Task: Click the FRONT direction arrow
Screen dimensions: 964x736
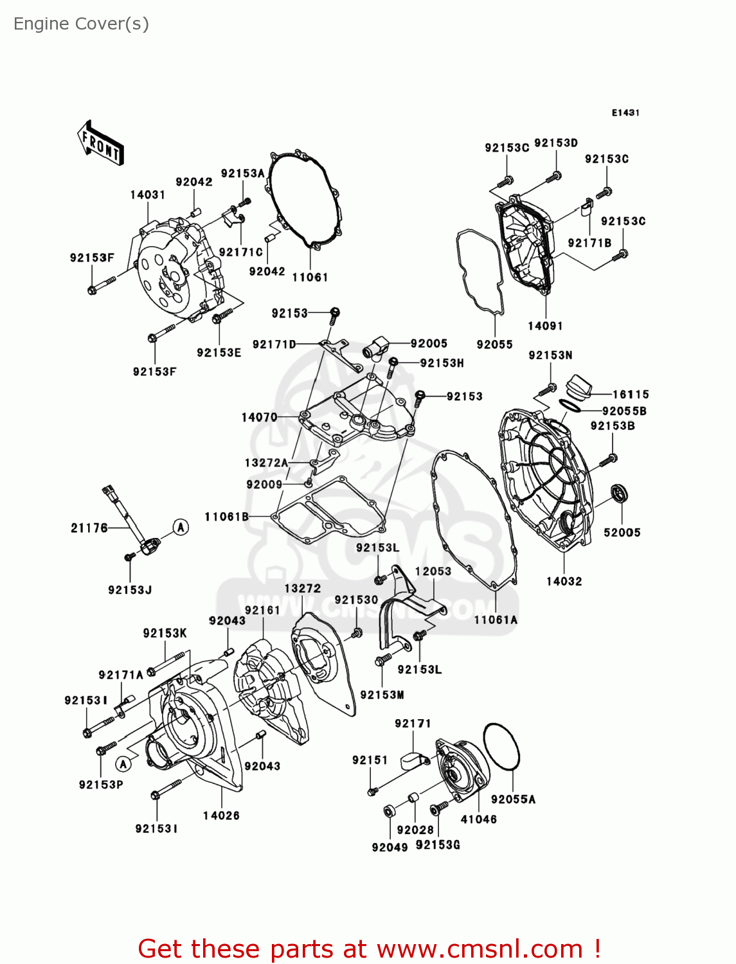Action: [100, 143]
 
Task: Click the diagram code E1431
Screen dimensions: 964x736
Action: [625, 112]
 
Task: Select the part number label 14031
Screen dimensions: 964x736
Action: [147, 195]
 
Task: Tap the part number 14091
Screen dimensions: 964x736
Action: [545, 326]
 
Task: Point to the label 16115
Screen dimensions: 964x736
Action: [631, 395]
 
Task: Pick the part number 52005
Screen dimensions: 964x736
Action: [622, 532]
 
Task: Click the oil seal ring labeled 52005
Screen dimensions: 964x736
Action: [619, 494]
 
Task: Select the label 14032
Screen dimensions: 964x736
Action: [564, 582]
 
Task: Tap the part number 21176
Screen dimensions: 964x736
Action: [89, 528]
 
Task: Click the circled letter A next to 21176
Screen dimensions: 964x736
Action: [181, 527]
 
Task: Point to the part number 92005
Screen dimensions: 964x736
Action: [429, 344]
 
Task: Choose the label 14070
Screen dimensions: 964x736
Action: [259, 417]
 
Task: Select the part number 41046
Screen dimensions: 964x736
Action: [478, 819]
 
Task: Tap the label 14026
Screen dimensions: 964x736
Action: [221, 816]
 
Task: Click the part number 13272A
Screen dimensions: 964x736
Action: [266, 463]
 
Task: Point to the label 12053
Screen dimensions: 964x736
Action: [433, 571]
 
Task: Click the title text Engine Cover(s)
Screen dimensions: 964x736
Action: [81, 24]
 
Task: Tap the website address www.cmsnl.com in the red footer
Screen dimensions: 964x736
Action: [479, 949]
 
